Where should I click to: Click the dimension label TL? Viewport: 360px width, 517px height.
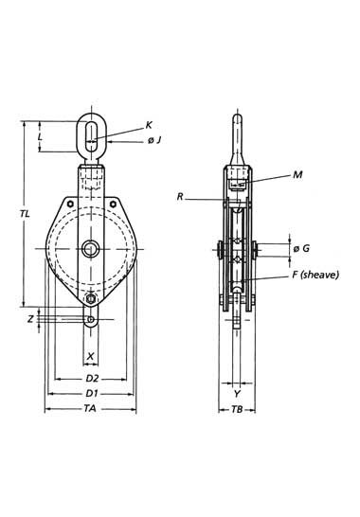[x=25, y=214]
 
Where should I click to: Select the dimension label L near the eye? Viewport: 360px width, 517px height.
[x=40, y=136]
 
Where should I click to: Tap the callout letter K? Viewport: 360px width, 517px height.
[x=149, y=125]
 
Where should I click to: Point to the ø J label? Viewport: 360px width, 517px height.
[x=154, y=140]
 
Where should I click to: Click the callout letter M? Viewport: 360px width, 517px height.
[x=297, y=175]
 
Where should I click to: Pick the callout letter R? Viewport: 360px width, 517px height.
[x=180, y=197]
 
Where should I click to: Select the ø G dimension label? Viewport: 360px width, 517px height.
[x=301, y=248]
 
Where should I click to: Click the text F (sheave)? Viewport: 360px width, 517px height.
[x=315, y=275]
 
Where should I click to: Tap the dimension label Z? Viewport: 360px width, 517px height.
[x=30, y=319]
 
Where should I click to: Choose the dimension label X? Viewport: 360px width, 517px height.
[x=90, y=356]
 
